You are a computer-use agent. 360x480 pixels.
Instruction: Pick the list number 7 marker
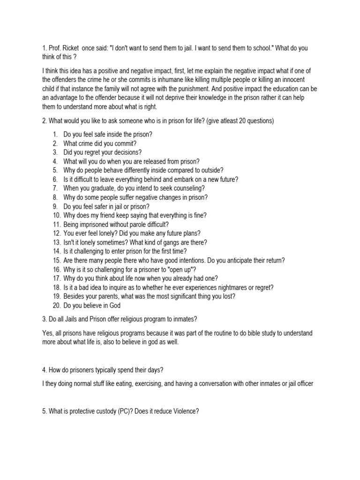tap(55, 188)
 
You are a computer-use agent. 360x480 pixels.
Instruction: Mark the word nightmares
tap(222, 287)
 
